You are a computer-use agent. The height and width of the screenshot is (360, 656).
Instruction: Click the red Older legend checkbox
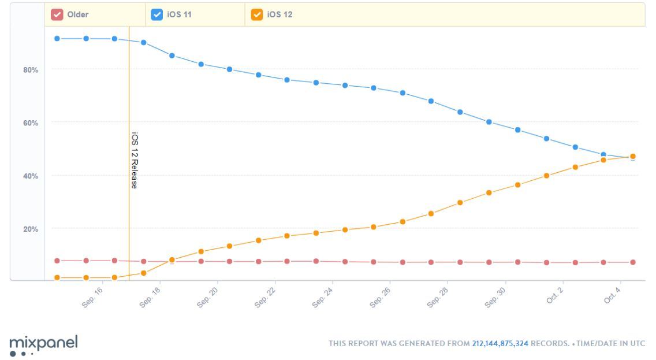click(57, 14)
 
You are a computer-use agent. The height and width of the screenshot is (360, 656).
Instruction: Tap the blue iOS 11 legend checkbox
click(156, 14)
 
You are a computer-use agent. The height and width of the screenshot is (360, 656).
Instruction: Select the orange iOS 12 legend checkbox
click(257, 14)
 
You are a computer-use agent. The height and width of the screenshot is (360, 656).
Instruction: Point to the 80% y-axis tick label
click(30, 70)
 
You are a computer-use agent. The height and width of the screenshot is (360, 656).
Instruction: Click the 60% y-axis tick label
click(30, 123)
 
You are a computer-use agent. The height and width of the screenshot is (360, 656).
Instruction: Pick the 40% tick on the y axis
click(30, 176)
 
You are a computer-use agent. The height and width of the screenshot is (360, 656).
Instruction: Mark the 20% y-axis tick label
click(30, 229)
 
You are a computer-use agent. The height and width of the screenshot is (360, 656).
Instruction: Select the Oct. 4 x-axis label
click(612, 296)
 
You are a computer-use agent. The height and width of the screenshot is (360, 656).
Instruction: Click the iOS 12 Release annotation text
click(134, 160)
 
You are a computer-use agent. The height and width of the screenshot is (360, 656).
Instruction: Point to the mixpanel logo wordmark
click(43, 342)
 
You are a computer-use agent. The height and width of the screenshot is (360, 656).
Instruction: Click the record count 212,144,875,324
click(500, 343)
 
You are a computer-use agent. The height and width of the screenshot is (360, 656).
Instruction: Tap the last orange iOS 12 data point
click(633, 156)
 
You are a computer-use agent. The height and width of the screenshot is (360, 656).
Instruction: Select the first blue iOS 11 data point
click(57, 39)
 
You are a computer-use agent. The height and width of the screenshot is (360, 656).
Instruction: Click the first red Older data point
click(57, 261)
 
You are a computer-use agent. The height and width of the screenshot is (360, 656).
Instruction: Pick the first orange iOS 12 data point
click(57, 277)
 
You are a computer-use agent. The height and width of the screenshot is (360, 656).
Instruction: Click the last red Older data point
click(633, 262)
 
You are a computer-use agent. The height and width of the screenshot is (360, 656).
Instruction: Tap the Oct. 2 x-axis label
click(554, 296)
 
